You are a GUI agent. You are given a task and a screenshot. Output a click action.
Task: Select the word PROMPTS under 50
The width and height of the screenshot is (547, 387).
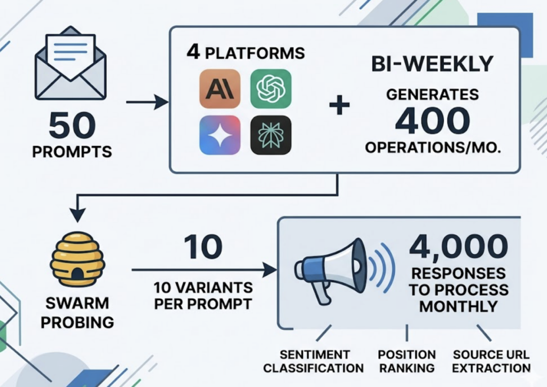[x=72, y=151]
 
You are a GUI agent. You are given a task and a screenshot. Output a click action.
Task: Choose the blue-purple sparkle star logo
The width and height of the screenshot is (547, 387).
[x=220, y=135]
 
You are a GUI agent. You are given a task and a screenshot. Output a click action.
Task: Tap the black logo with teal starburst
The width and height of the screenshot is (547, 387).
[x=271, y=135]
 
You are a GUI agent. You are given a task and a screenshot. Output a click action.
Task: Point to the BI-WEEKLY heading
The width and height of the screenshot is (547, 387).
[x=432, y=64]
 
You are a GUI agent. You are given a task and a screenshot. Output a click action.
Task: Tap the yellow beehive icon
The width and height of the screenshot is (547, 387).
[x=77, y=259]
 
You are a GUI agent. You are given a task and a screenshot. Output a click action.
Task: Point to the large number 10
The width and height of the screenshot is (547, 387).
[x=204, y=247]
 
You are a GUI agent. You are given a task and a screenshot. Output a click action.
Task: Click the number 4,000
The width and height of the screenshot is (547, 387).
[x=458, y=247]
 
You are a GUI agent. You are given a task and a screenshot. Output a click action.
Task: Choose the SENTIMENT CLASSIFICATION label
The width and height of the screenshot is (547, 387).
[x=314, y=361]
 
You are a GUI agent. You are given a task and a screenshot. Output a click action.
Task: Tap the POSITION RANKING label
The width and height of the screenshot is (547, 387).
[x=407, y=361]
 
